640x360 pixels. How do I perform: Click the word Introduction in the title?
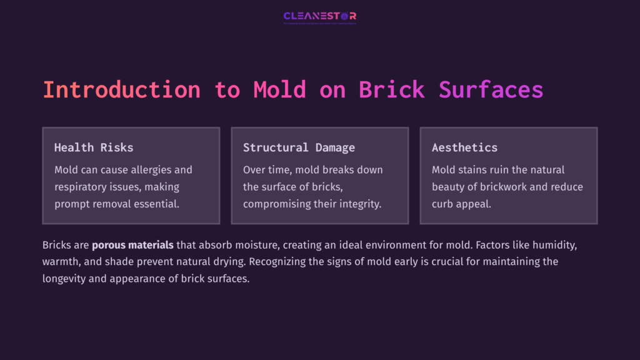(121, 89)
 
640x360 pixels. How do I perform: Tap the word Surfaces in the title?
(491, 89)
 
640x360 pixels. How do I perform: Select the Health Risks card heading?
(94, 147)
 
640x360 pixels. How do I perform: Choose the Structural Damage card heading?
(299, 147)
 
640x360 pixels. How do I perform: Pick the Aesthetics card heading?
(464, 147)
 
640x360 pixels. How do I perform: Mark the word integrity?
(358, 204)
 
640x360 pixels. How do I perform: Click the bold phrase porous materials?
(132, 245)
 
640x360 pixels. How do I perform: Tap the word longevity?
(66, 279)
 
